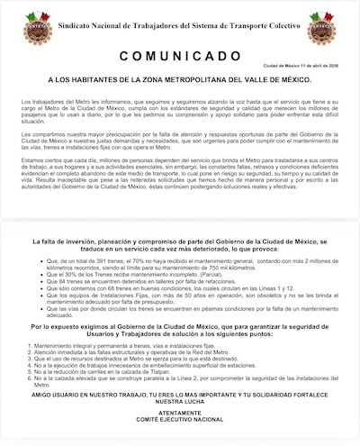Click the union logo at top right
[321, 28]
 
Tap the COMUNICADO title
[180, 53]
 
